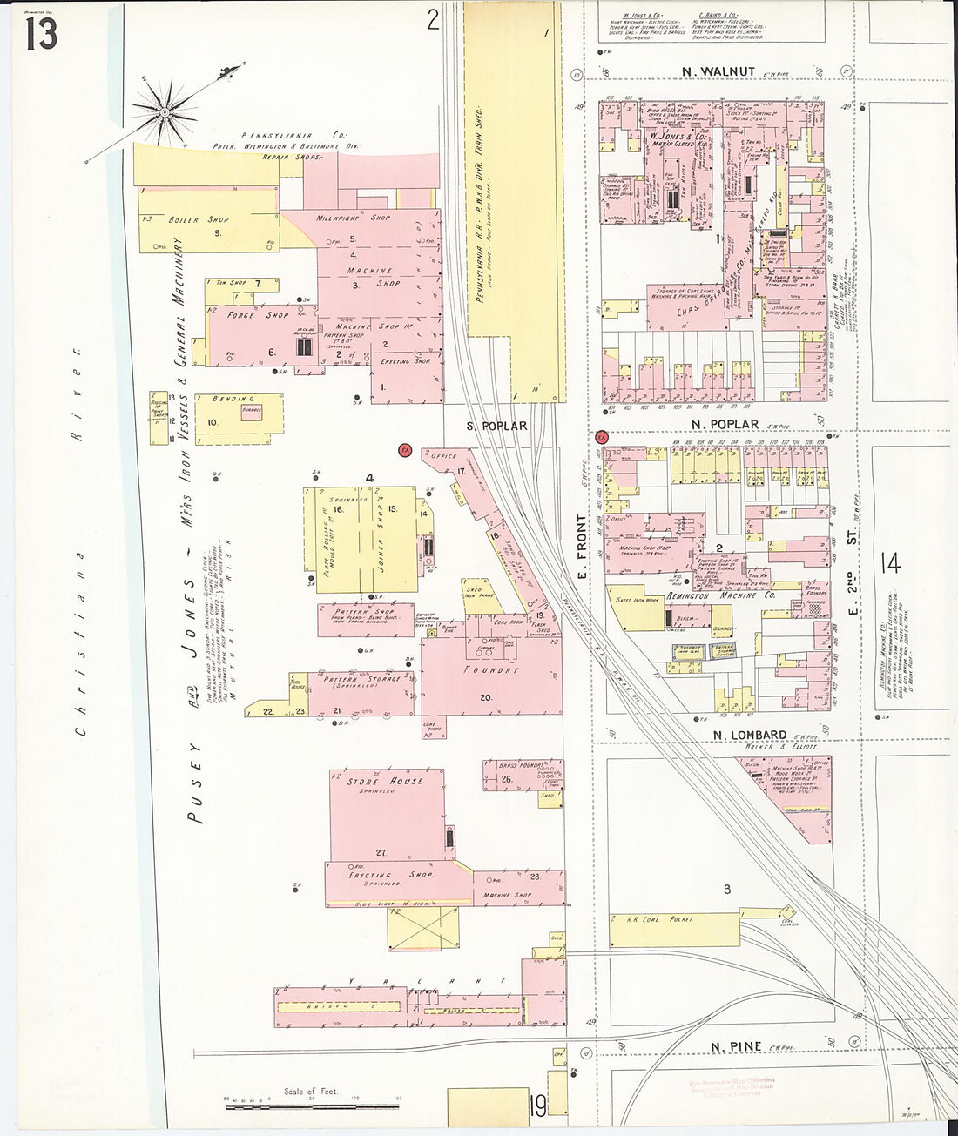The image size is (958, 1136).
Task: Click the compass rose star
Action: (x=165, y=112)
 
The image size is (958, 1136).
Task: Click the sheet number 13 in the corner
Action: (x=41, y=34)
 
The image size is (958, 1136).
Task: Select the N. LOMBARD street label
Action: (x=749, y=735)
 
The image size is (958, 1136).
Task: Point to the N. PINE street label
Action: (x=736, y=1046)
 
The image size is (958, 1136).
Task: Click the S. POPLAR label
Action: (x=496, y=426)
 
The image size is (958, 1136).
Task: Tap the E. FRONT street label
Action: (x=582, y=536)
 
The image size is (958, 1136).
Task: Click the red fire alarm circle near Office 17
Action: (x=405, y=450)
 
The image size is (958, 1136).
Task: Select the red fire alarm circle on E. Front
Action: (x=601, y=437)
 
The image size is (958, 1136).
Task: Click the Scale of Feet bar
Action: (x=311, y=1106)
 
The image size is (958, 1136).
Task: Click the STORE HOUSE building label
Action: (x=384, y=781)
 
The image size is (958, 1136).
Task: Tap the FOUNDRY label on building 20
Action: (x=491, y=669)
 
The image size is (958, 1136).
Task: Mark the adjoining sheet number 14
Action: (x=889, y=563)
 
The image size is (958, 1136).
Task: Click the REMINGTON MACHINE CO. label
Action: (x=720, y=595)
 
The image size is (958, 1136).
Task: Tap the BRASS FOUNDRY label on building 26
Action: (x=522, y=765)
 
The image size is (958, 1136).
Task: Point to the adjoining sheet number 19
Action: (x=537, y=1106)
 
